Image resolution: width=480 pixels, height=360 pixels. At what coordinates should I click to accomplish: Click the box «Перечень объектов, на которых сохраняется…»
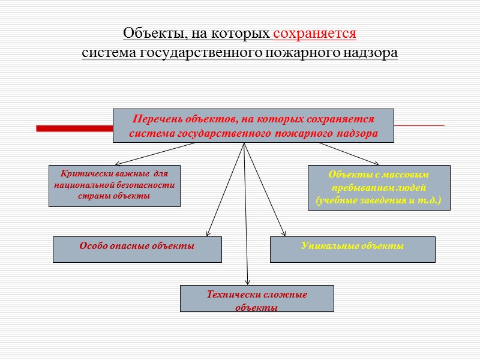253,125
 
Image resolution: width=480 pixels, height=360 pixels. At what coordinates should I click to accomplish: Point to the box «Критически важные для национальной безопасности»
114,185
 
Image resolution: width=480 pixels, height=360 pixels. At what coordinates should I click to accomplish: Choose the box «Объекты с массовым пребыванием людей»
379,187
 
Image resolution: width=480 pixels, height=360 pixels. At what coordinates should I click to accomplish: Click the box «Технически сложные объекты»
257,298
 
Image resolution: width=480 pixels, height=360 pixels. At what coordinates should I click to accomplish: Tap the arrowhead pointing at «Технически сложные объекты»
247,281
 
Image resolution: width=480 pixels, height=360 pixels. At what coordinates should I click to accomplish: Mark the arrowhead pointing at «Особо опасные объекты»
208,233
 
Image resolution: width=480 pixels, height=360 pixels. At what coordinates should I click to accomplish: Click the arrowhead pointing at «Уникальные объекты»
284,233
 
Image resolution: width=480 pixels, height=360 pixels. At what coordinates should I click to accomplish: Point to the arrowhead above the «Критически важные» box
117,164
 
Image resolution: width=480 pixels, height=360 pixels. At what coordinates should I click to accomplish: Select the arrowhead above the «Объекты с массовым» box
376,163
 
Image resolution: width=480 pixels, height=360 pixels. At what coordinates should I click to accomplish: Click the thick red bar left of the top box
74,128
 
